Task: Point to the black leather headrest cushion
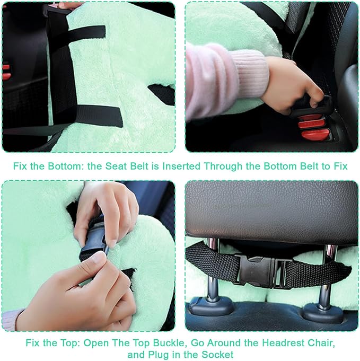click(x=270, y=209)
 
